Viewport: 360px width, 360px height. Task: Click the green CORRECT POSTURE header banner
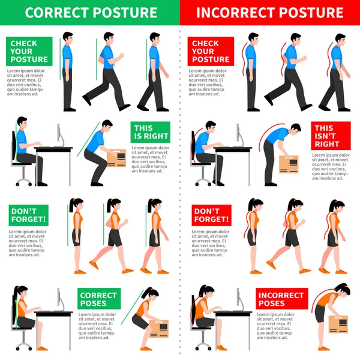point(90,12)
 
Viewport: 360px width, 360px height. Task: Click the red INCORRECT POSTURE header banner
point(270,12)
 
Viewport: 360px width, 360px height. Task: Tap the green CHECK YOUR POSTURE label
point(29,51)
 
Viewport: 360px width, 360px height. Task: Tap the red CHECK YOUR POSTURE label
point(210,51)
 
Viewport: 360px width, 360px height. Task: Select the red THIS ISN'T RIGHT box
point(330,136)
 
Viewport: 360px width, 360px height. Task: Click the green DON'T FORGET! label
point(29,215)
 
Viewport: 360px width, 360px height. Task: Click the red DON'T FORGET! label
point(211,215)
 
